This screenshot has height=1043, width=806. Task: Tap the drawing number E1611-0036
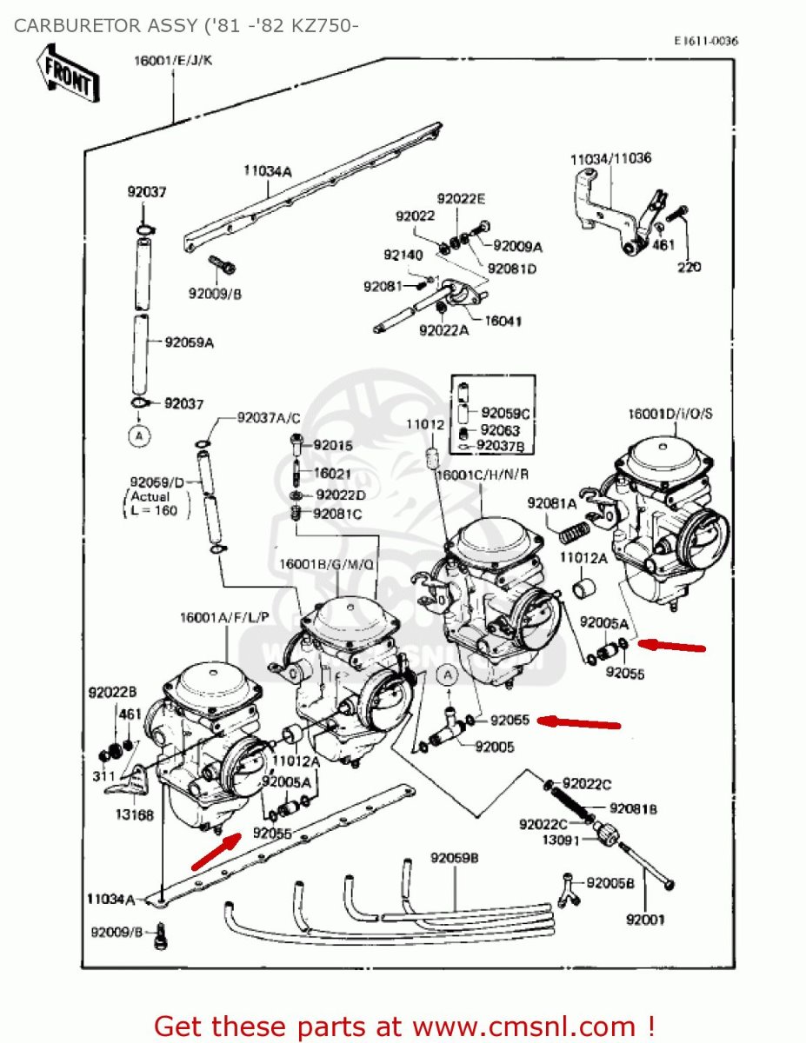706,41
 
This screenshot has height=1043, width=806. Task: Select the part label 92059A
190,342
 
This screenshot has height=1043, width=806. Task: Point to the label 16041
502,321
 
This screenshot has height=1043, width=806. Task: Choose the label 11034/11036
611,159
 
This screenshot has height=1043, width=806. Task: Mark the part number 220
689,267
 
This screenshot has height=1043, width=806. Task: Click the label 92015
333,445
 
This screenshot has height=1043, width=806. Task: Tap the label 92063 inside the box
500,429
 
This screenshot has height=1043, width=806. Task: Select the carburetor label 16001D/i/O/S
669,413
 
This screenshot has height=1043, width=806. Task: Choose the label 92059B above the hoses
455,859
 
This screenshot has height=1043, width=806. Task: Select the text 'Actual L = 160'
152,503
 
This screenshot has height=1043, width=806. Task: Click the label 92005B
610,883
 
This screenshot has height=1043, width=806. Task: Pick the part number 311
103,775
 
